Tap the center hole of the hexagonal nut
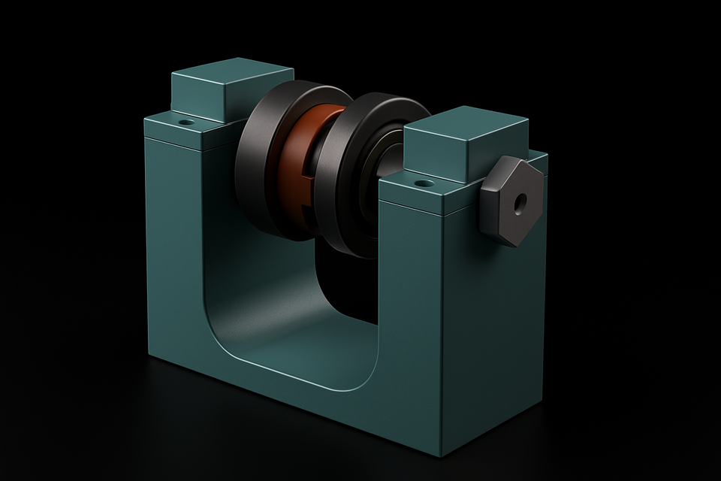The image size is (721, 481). (x=519, y=201)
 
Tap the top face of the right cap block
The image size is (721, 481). (x=466, y=123)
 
